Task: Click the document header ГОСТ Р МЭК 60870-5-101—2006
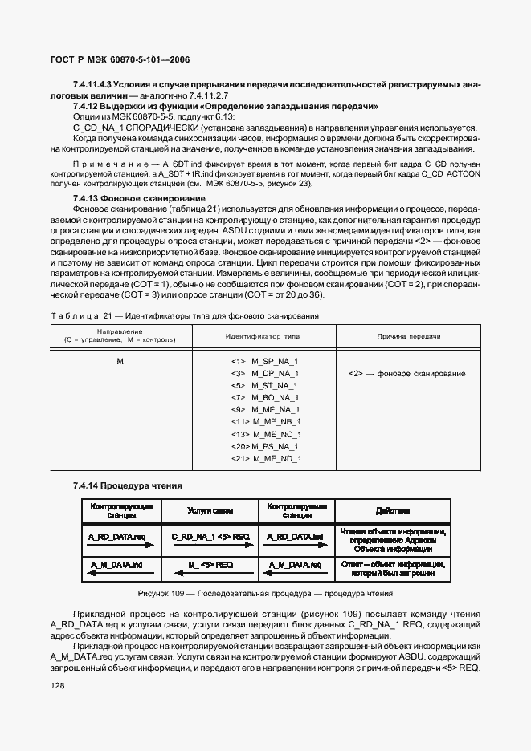(x=120, y=59)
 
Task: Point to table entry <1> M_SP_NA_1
(x=264, y=362)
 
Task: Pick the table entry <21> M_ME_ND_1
(x=265, y=458)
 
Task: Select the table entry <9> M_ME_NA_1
(x=264, y=409)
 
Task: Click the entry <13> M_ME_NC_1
(x=265, y=434)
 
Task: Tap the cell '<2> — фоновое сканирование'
(x=406, y=374)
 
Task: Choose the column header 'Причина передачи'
(x=407, y=336)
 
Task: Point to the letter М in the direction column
(x=120, y=362)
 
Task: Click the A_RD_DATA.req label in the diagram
(x=116, y=536)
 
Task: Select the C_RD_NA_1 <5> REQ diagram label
(x=210, y=536)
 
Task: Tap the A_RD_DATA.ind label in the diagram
(x=296, y=536)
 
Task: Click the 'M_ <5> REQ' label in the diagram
(x=210, y=564)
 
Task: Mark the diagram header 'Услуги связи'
(x=210, y=509)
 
